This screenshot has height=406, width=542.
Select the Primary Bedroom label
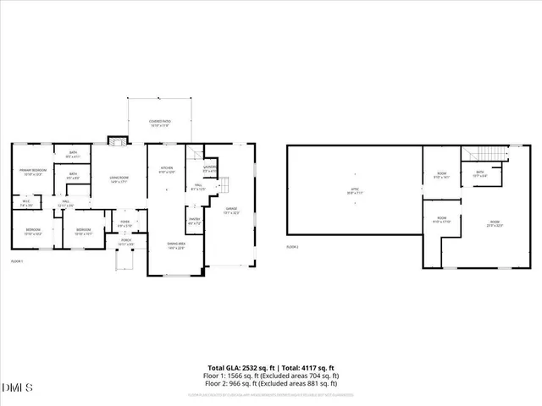[33, 172]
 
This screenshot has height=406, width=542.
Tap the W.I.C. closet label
[25, 203]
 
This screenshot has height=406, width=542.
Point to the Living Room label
[119, 178]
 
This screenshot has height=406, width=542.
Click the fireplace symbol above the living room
[117, 140]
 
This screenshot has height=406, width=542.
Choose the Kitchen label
[167, 169]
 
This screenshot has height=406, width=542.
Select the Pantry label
[193, 221]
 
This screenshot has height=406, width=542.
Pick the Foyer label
[124, 223]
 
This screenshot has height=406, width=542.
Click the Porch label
[125, 242]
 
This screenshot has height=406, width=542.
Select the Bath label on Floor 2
[479, 173]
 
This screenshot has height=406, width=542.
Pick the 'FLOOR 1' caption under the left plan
[17, 261]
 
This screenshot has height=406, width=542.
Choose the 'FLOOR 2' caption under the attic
[292, 246]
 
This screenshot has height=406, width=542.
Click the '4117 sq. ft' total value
[315, 368]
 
